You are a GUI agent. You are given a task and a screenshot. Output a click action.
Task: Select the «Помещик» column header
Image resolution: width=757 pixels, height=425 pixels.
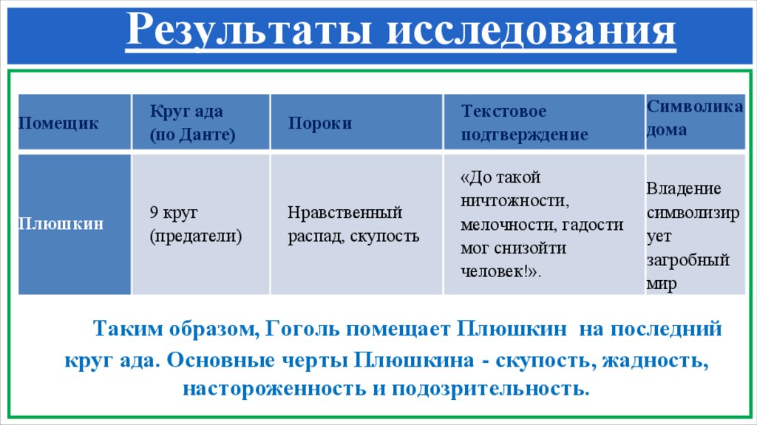[74, 123]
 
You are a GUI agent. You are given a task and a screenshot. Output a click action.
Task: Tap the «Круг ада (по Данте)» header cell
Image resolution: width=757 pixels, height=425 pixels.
[200, 123]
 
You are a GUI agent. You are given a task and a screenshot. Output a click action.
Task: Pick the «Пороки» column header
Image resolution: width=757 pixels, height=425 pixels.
[356, 123]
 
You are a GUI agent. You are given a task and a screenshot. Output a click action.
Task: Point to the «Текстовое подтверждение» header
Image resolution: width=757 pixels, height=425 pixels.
[543, 123]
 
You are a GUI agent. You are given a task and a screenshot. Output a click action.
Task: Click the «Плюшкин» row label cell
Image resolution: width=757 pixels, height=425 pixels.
[74, 224]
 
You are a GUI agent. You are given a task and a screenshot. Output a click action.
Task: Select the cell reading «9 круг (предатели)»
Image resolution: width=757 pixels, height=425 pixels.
[200, 224]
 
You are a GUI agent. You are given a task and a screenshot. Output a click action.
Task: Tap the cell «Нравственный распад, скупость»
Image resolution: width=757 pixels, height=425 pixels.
[356, 224]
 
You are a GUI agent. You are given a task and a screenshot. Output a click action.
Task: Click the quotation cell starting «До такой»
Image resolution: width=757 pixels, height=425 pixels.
[543, 224]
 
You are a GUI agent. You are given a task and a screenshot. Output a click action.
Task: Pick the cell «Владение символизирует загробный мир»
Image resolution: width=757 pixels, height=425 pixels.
[694, 236]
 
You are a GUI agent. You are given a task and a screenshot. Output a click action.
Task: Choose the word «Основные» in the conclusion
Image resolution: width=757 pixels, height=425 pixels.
[215, 361]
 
